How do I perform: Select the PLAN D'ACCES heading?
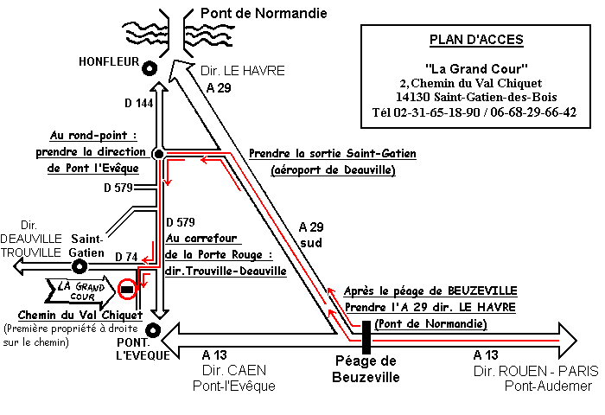(476, 41)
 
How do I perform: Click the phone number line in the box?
(474, 112)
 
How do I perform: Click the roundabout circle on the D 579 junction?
(158, 153)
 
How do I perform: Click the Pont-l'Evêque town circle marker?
(152, 329)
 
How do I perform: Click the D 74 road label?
(127, 257)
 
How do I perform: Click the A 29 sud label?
(310, 234)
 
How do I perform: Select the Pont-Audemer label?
(550, 386)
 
